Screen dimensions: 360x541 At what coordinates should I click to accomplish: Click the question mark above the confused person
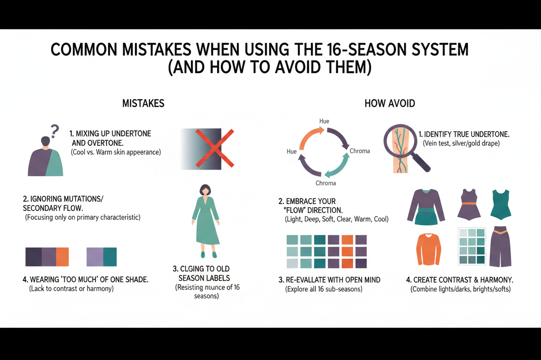(55, 130)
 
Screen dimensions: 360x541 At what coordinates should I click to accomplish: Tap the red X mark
(215, 148)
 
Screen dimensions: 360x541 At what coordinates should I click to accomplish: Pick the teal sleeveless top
(501, 204)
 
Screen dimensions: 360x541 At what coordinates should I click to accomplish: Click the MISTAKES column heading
(143, 103)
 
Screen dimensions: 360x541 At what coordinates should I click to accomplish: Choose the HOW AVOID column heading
(389, 103)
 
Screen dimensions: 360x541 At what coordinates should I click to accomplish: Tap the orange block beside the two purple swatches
(62, 256)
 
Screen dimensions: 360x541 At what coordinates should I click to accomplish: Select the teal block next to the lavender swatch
(110, 256)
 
